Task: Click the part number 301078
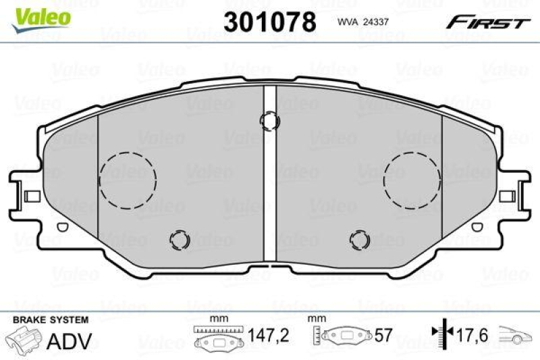(269, 22)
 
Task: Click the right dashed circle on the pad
(412, 179)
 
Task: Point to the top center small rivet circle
(270, 121)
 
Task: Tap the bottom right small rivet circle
(359, 239)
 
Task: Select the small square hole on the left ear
(31, 196)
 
